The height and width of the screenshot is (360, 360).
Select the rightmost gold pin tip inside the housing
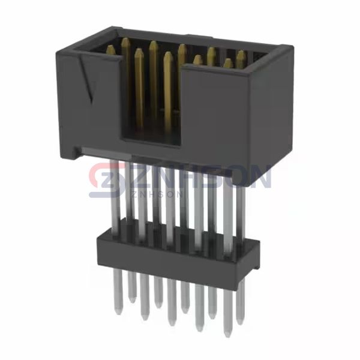[x=241, y=55]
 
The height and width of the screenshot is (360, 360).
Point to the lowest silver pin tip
[x=228, y=334]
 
